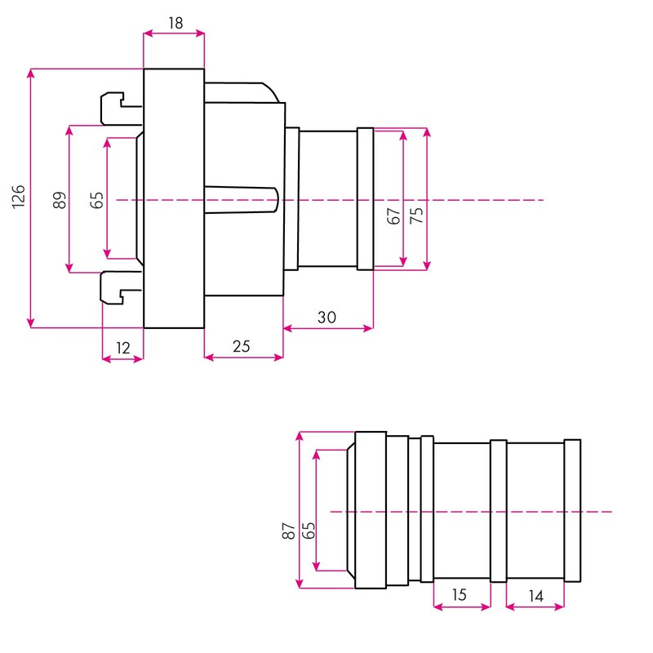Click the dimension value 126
[x=18, y=197]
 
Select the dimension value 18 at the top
[x=175, y=23]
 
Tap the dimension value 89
[x=60, y=200]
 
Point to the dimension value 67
[x=393, y=216]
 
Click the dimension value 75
[x=416, y=215]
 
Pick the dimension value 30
[x=326, y=318]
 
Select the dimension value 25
[x=241, y=346]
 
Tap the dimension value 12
[x=123, y=349]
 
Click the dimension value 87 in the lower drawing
[x=289, y=531]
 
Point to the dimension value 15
[x=459, y=595]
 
